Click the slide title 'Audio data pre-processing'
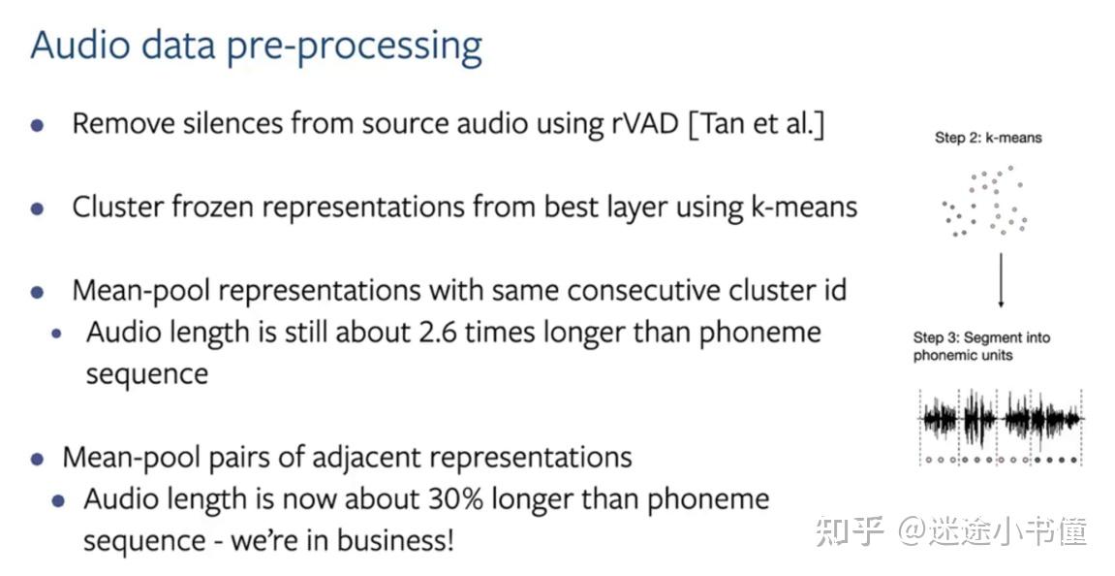[257, 47]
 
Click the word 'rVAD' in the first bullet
[645, 124]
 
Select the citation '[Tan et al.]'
[757, 124]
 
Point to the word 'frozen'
[211, 208]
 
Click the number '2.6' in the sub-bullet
[437, 332]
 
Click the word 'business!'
[395, 540]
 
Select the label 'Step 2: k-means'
[988, 138]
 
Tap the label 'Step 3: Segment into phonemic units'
[981, 346]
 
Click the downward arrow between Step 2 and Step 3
[1001, 279]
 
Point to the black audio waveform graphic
[1001, 419]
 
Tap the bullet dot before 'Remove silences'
[38, 126]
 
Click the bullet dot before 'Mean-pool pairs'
[38, 460]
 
